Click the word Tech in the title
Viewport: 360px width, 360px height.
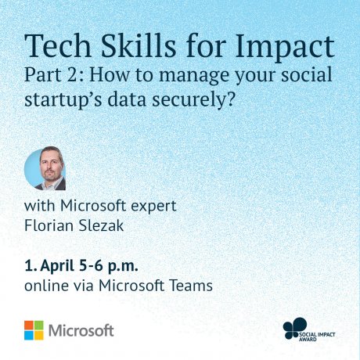(x=58, y=45)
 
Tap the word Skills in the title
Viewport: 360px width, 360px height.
(x=139, y=45)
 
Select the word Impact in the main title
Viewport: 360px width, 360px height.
(x=285, y=49)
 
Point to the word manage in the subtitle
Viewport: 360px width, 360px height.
(x=195, y=77)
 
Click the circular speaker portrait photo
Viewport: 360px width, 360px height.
(x=45, y=168)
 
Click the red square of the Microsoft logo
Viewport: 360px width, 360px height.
(x=29, y=325)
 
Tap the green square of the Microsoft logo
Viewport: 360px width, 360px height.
(x=38, y=325)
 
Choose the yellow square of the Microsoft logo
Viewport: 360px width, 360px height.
(x=38, y=335)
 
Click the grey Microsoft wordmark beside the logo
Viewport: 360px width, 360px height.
(x=81, y=330)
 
